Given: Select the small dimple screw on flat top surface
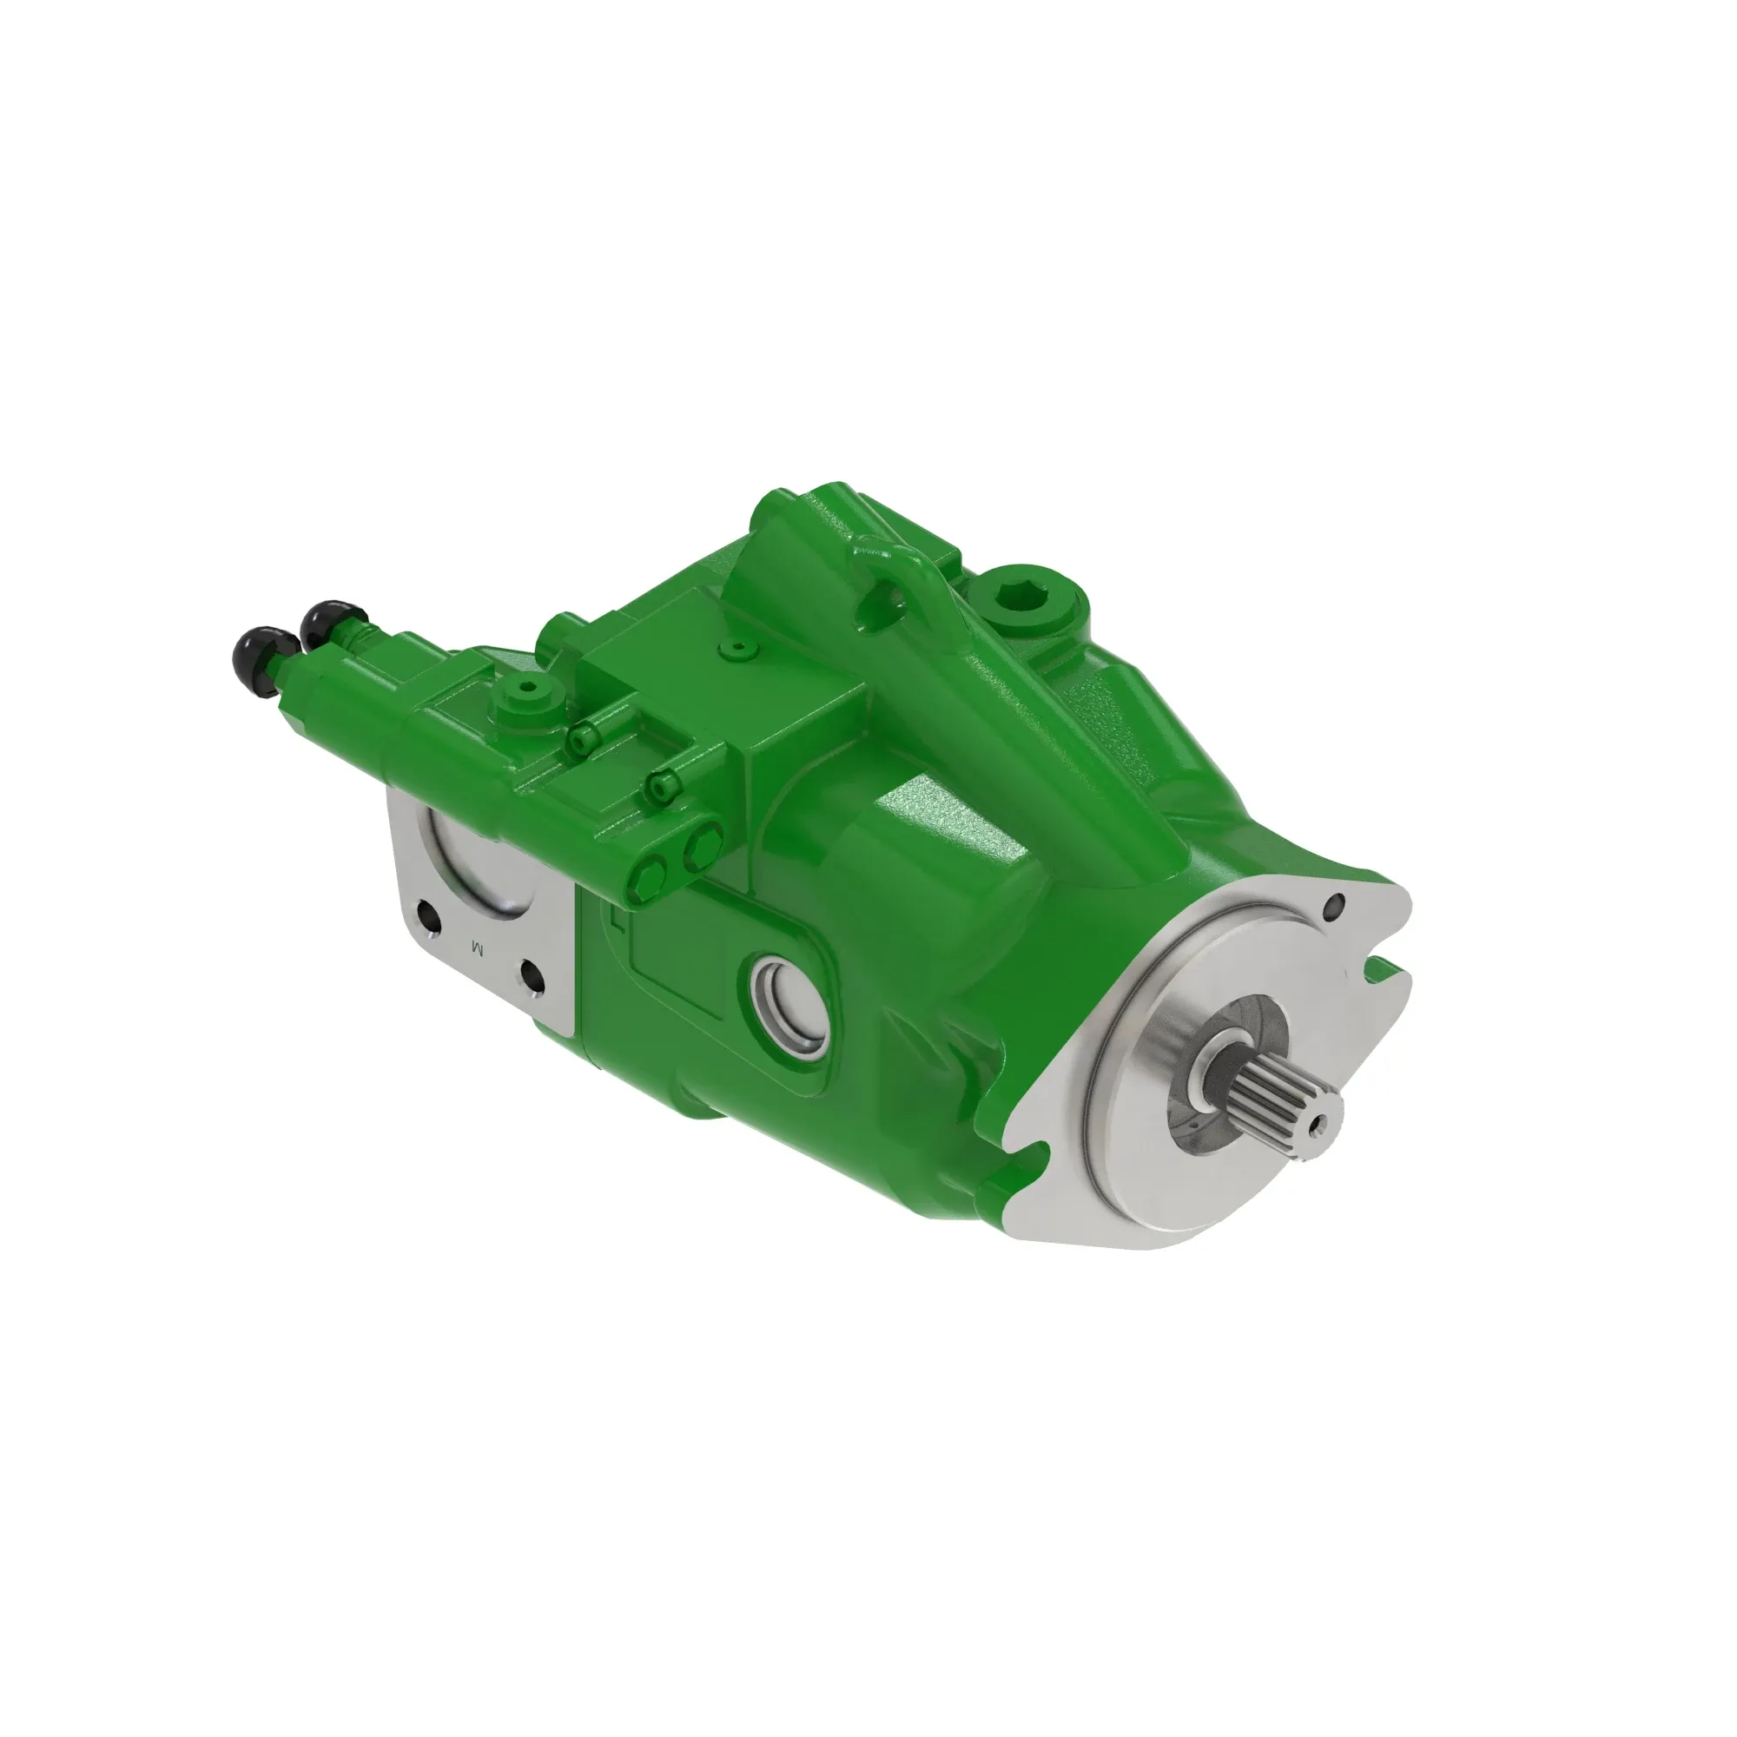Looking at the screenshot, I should tap(738, 646).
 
